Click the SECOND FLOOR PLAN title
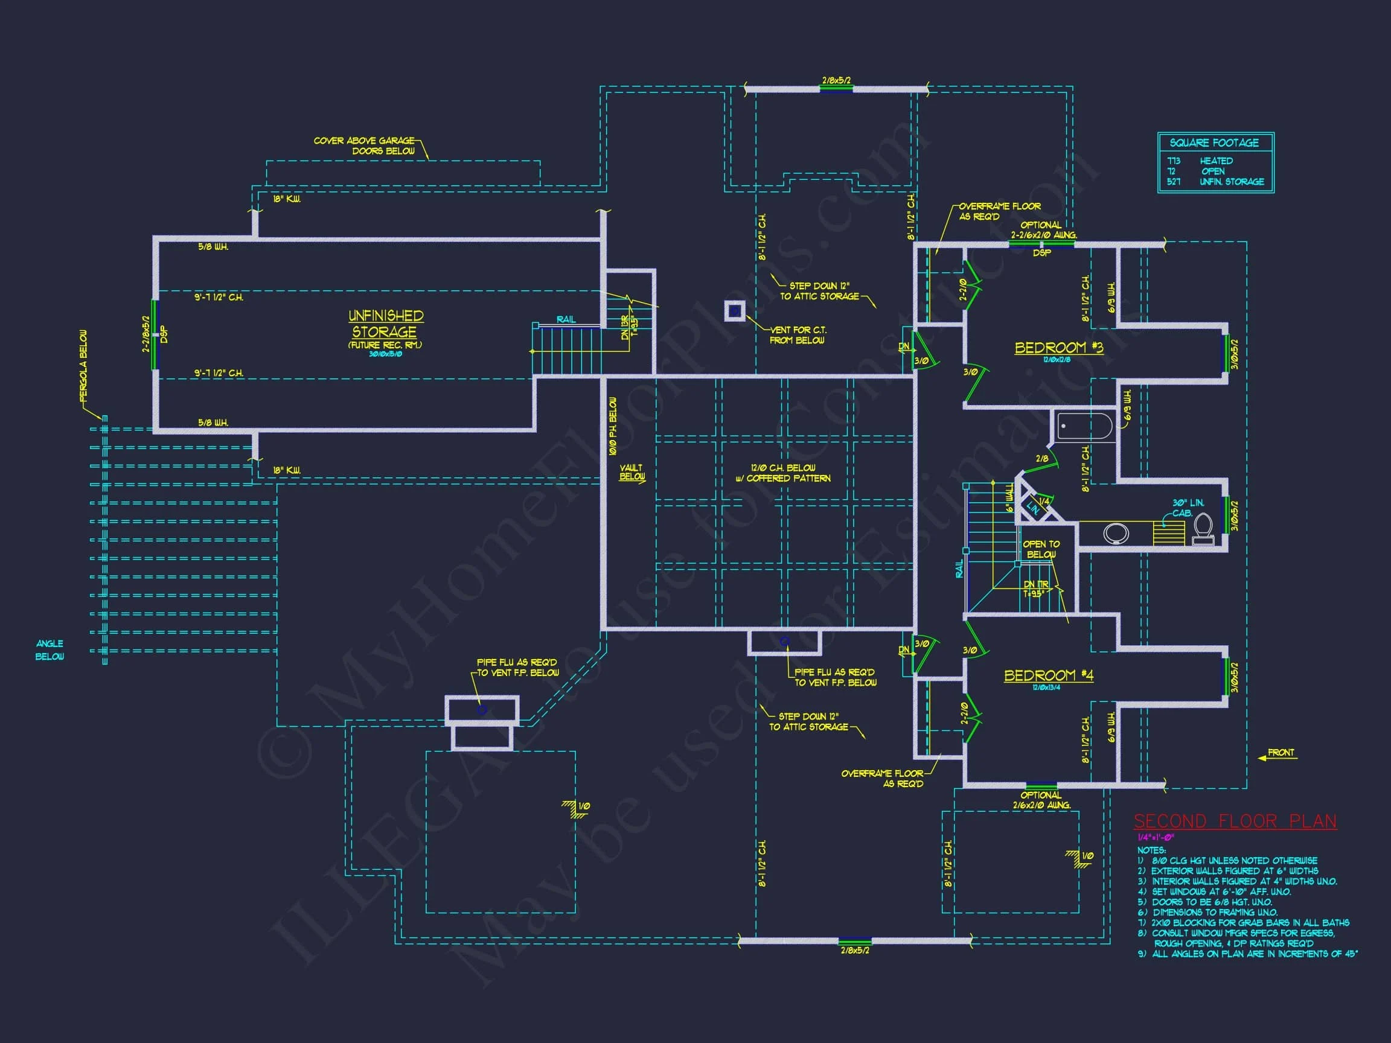1235,821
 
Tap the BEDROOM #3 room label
1058,348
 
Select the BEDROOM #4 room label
1048,675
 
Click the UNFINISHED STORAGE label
385,324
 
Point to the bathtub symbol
1084,426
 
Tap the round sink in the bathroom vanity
1116,534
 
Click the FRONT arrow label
1281,753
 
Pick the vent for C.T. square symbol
735,311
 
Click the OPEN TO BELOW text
1041,549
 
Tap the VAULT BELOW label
632,472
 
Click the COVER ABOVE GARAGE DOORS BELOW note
365,146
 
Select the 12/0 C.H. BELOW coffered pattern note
783,473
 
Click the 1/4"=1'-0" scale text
1156,837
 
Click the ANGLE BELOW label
50,650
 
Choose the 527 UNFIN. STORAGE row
1215,182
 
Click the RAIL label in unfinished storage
566,319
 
